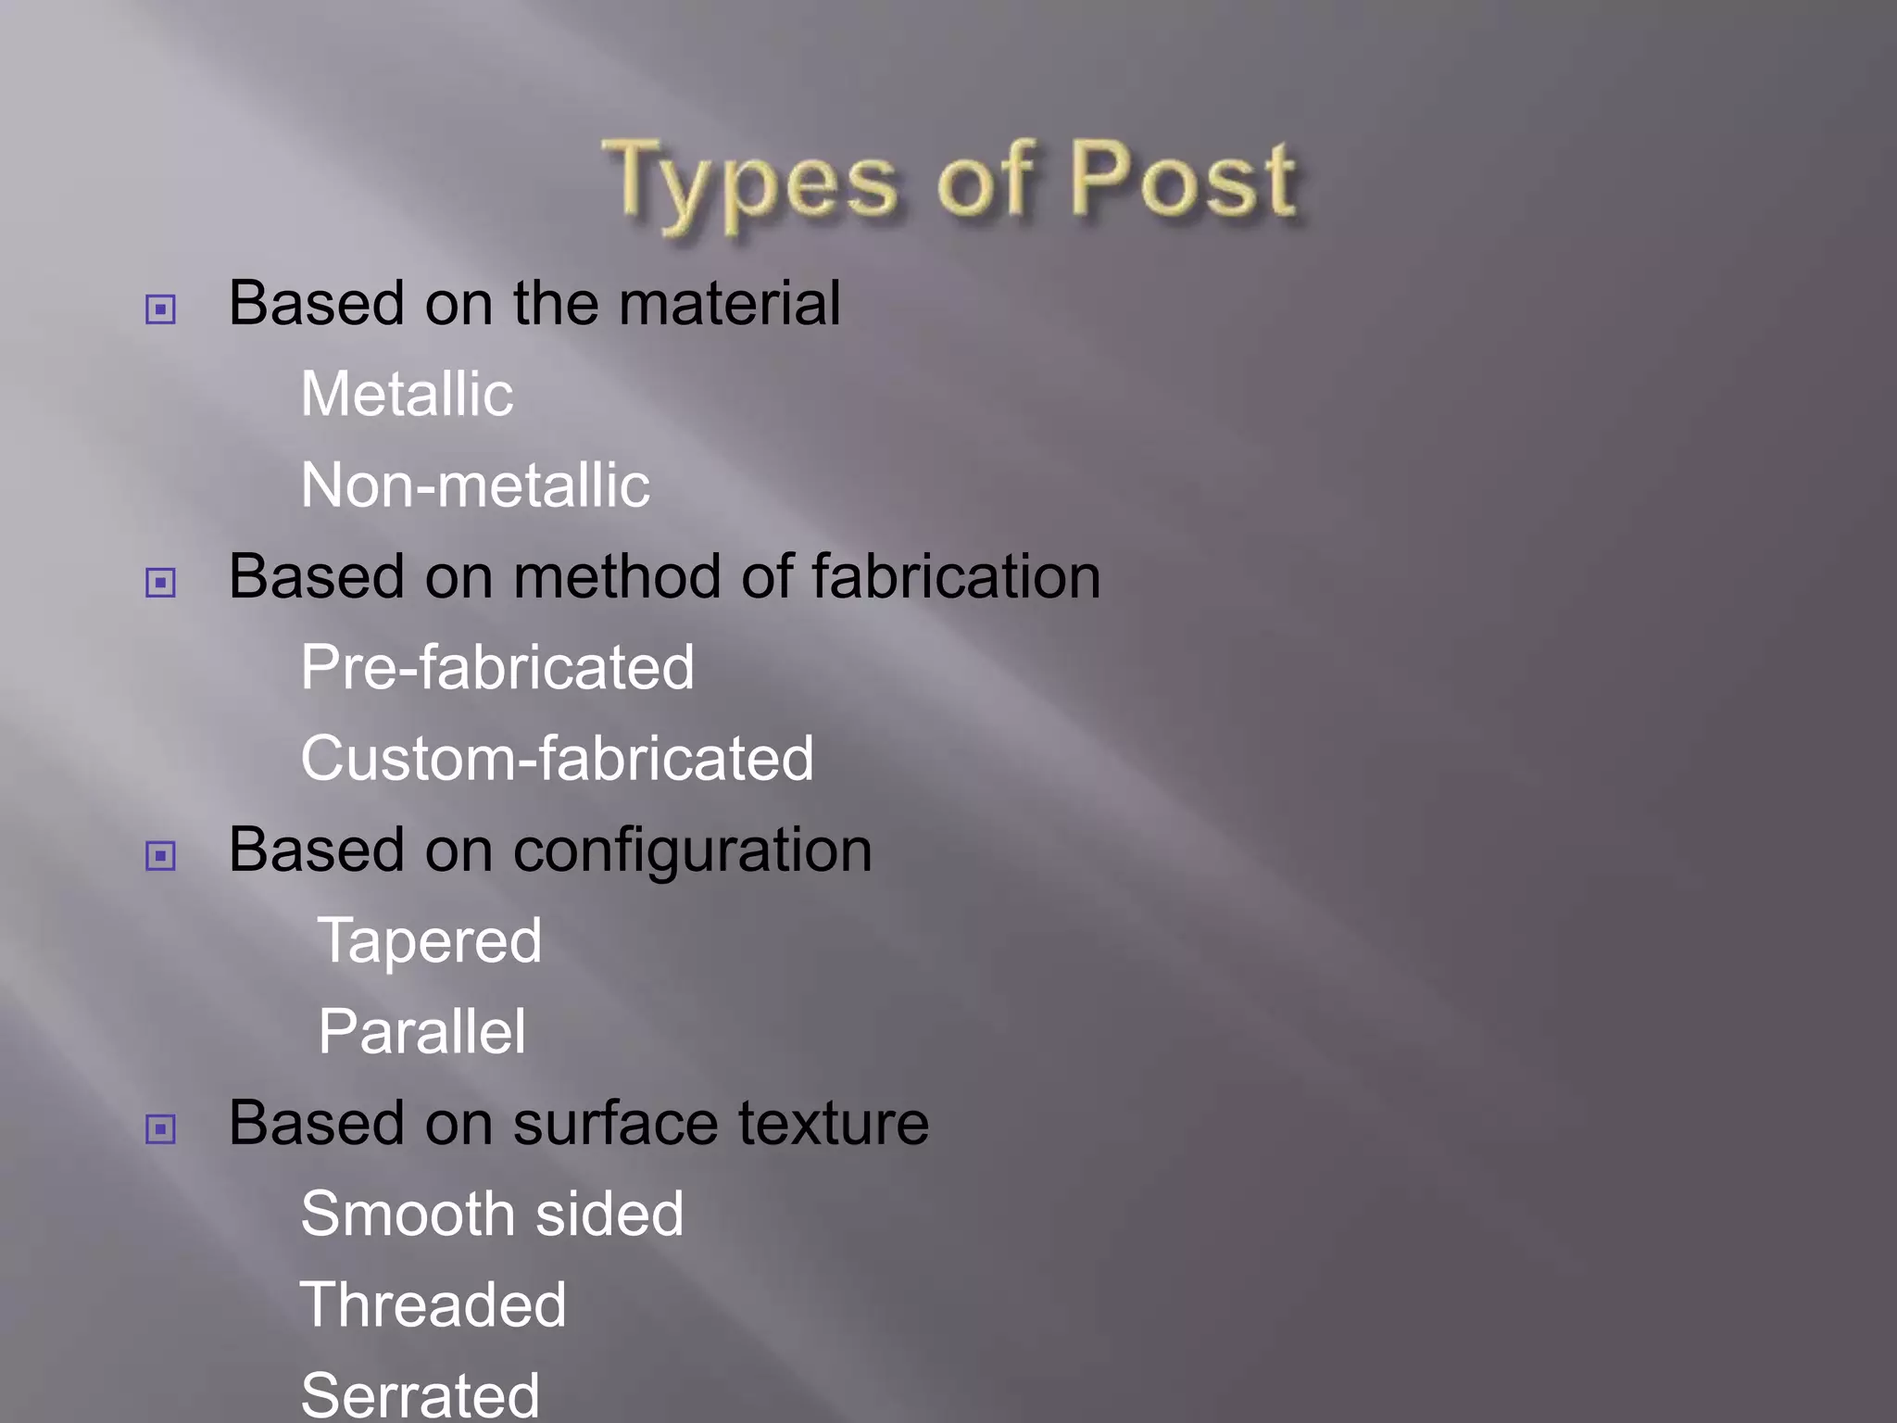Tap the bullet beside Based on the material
160,309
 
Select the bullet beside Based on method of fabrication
160,583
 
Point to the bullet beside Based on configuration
160,855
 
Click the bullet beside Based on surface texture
160,1128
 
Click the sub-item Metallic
407,394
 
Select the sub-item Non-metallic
475,485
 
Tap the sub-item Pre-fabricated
497,667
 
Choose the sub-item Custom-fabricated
557,758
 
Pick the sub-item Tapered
430,940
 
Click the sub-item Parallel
422,1031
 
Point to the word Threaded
433,1304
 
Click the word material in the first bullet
730,303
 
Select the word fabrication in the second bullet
956,576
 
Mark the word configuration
692,850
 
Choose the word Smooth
408,1214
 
